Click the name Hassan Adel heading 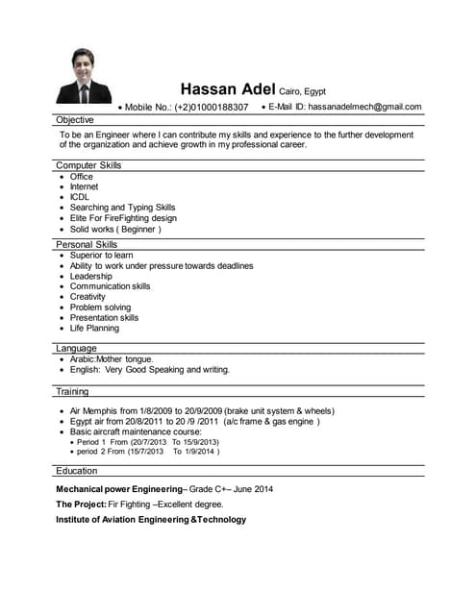pos(228,88)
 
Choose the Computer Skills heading pos(88,165)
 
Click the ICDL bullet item pos(80,197)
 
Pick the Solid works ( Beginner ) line pos(115,230)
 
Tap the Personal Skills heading pos(87,244)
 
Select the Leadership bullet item pos(91,276)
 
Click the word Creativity pos(88,297)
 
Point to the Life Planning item pos(95,328)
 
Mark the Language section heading pos(76,348)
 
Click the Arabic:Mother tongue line pos(112,358)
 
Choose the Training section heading pos(72,391)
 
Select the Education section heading pos(77,471)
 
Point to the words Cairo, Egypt pos(303,91)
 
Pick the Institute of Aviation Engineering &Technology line pos(151,520)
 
